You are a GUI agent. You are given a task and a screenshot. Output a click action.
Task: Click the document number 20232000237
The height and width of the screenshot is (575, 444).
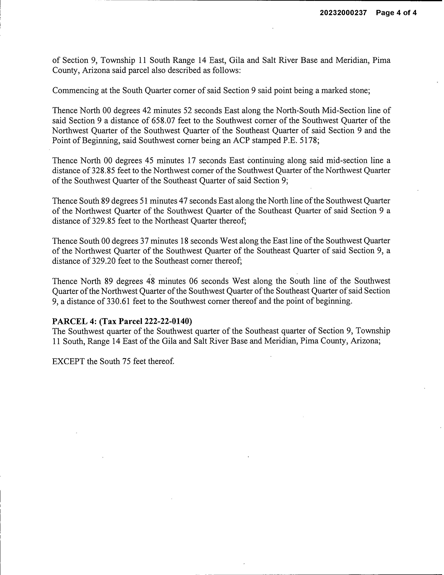343,13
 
